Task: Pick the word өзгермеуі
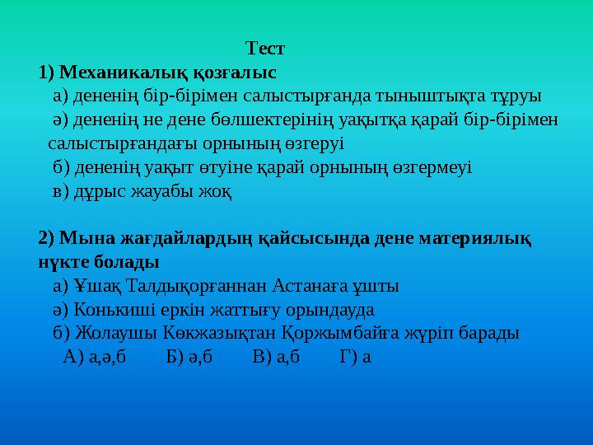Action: coord(430,168)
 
